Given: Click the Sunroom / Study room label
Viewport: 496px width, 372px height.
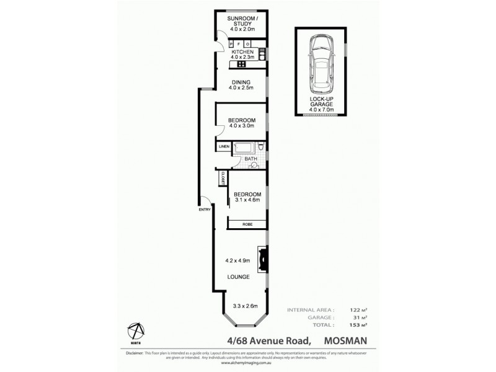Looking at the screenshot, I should click(x=241, y=22).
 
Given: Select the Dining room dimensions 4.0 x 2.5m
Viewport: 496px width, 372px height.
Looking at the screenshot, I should click(x=241, y=88).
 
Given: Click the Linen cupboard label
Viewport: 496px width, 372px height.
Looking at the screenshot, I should click(x=223, y=147).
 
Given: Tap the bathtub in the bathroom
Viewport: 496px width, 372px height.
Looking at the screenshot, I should click(x=243, y=148).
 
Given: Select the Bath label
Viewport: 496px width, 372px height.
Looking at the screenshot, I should click(x=250, y=159).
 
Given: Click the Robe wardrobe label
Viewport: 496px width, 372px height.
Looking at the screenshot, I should click(x=247, y=223).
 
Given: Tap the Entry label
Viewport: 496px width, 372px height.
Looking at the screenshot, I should click(x=205, y=210).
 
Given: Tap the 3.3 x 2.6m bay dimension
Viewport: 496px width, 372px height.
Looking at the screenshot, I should click(x=246, y=306).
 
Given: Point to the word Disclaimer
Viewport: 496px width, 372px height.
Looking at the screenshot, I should click(x=134, y=353).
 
